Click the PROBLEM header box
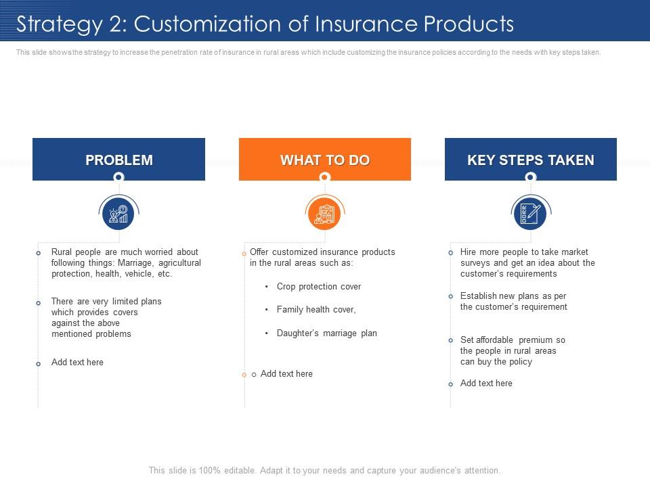coord(118,159)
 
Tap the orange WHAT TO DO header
coord(324,159)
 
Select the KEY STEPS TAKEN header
coord(531,159)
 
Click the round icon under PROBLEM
coord(118,213)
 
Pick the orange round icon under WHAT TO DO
coord(324,213)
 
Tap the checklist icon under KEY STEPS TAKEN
coord(531,213)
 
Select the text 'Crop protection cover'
coord(319,287)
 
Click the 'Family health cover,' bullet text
coord(316,310)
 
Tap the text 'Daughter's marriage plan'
coord(326,333)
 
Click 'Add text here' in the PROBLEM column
coord(77,363)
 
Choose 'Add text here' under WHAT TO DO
coord(286,374)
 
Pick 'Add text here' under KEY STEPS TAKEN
coord(486,384)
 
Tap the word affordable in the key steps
coord(494,340)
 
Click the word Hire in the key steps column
coord(468,252)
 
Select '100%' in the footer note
coord(210,471)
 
